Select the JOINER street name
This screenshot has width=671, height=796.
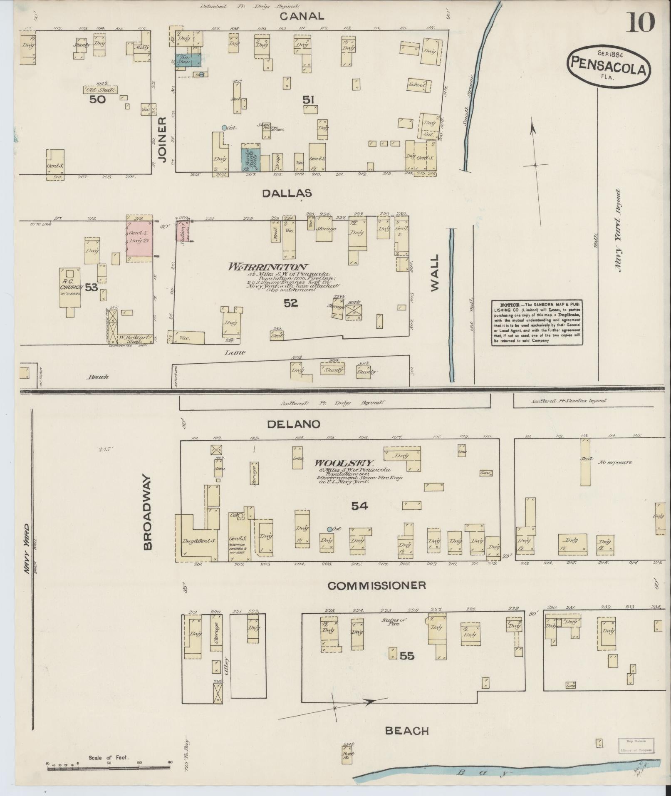[162, 139]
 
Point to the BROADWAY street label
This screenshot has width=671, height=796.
[148, 513]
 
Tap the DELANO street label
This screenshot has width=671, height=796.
[294, 424]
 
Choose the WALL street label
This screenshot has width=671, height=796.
[434, 273]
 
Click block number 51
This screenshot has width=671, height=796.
[308, 100]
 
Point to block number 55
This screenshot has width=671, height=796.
[407, 656]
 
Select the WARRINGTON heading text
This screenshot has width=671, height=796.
[268, 267]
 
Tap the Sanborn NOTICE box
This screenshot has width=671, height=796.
[537, 322]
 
